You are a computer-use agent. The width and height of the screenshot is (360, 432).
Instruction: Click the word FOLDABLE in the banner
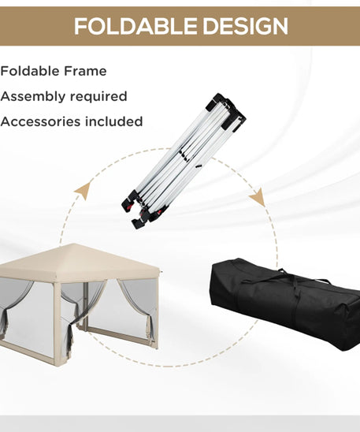(135, 26)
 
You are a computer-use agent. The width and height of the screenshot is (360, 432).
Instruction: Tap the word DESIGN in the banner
(246, 26)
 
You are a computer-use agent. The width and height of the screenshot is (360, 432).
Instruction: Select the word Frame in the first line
(85, 71)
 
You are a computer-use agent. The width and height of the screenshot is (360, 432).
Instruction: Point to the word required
(98, 97)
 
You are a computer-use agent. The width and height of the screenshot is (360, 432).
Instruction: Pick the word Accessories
(40, 121)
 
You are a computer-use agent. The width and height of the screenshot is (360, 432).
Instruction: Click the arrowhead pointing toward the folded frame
(84, 191)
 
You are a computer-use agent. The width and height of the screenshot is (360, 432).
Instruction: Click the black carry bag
(286, 303)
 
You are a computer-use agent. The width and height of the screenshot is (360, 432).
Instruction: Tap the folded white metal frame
(184, 161)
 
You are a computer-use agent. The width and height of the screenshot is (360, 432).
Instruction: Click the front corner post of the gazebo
(58, 324)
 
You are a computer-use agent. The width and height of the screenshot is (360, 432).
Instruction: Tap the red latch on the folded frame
(129, 206)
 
